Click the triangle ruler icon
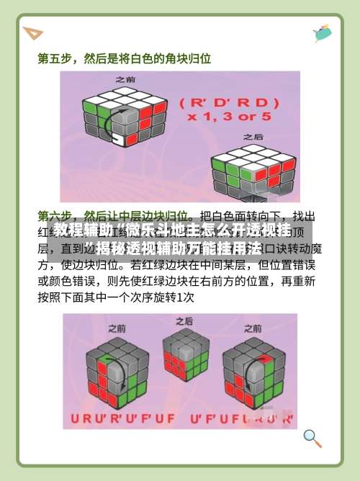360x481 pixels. point(32,33)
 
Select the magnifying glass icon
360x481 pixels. point(312,437)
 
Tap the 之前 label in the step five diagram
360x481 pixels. point(125,79)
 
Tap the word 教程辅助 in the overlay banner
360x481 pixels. point(81,231)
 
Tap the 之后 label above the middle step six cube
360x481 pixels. point(184,320)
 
